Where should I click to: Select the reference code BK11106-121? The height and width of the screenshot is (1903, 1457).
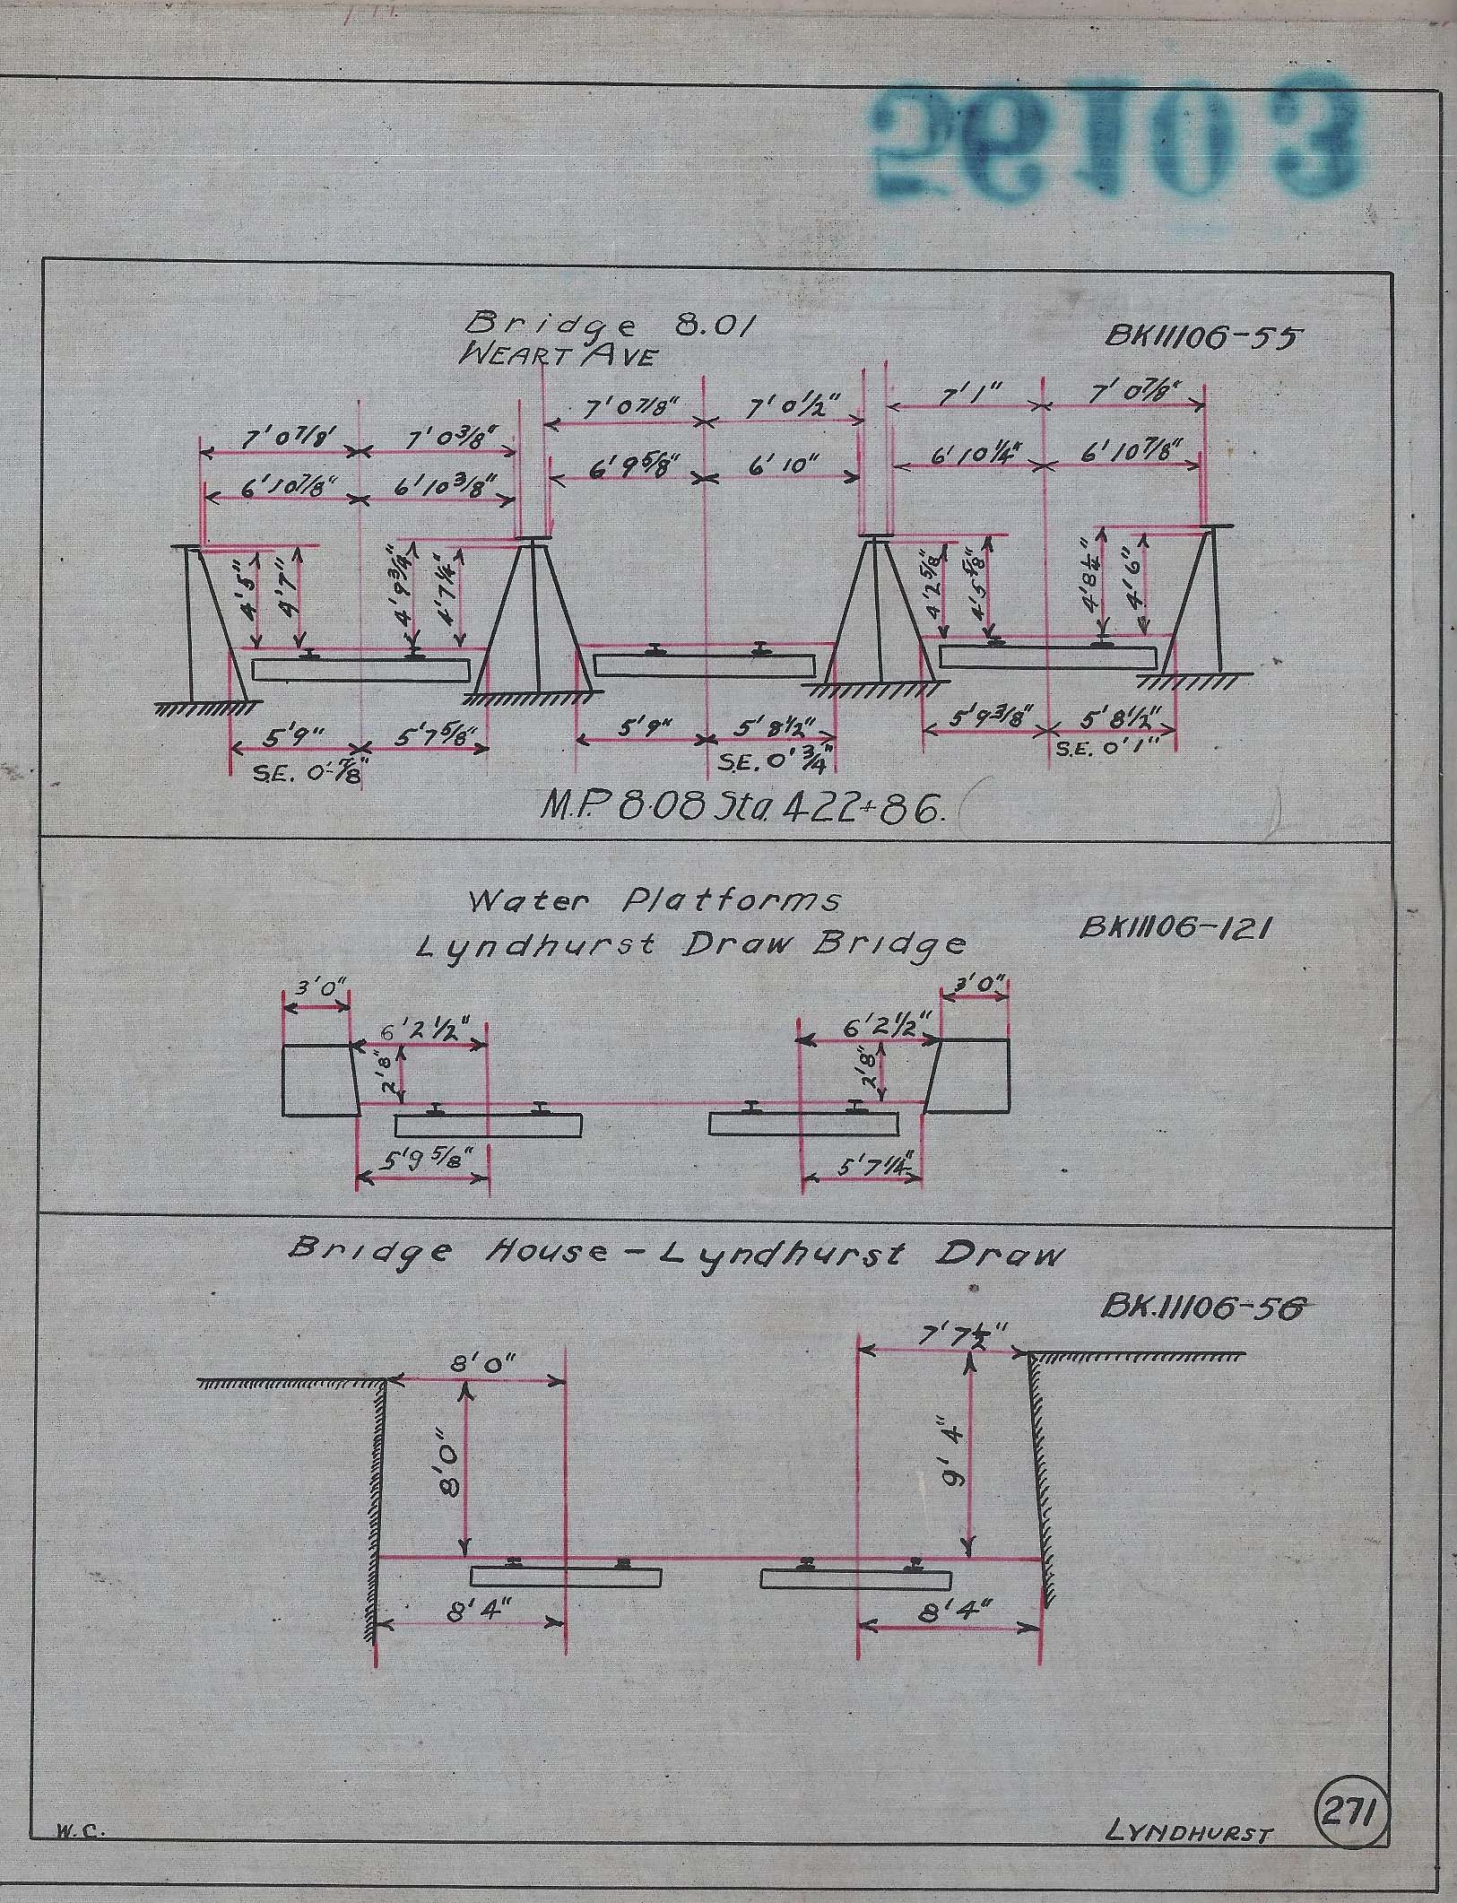1175,928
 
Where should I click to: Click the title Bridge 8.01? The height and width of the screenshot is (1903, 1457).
609,325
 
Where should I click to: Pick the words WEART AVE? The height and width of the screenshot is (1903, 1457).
557,356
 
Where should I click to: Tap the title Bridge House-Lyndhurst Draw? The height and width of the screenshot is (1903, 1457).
675,1253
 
